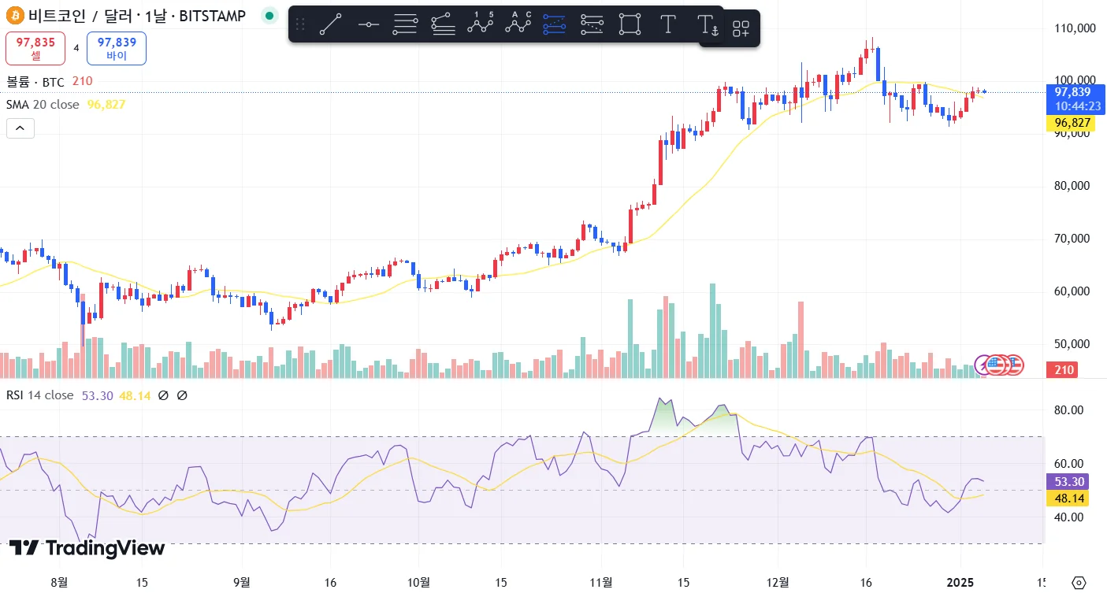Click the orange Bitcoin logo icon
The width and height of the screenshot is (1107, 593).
pos(15,15)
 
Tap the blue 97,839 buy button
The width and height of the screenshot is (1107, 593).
pos(116,48)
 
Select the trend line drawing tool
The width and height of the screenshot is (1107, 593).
pos(330,24)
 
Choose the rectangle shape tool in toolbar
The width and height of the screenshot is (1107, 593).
pos(630,24)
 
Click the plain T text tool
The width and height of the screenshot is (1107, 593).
pos(667,24)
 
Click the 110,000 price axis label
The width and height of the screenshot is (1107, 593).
pos(1074,28)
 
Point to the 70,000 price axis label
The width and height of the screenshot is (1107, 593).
pos(1074,239)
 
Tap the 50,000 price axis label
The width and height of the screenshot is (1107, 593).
pos(1074,344)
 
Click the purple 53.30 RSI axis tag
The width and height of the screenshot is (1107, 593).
pos(1069,482)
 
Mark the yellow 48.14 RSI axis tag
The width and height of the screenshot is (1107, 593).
pos(1069,498)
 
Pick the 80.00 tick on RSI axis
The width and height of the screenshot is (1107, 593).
pos(1069,410)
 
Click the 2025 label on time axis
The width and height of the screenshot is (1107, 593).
pos(961,583)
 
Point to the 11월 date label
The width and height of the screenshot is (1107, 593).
pos(601,583)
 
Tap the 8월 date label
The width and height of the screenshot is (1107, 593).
pos(59,583)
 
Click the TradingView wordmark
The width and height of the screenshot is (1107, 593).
pos(87,548)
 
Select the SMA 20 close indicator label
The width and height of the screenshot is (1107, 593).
pos(43,105)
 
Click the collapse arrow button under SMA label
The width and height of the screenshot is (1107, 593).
pos(20,128)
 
